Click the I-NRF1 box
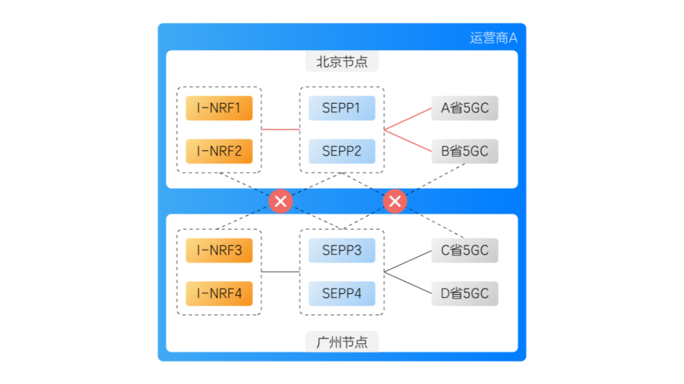pyautogui.click(x=219, y=108)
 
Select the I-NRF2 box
pyautogui.click(x=219, y=151)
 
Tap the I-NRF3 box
pyautogui.click(x=219, y=251)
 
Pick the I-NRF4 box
pyautogui.click(x=219, y=294)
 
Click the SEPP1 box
pyautogui.click(x=341, y=108)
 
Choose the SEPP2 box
pyautogui.click(x=341, y=151)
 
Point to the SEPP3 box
pyautogui.click(x=341, y=251)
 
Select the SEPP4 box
pyautogui.click(x=341, y=294)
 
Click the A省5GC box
pyautogui.click(x=465, y=108)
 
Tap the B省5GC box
pyautogui.click(x=465, y=151)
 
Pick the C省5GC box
pyautogui.click(x=465, y=251)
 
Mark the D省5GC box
pyautogui.click(x=465, y=294)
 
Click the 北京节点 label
pyautogui.click(x=342, y=62)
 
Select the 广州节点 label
pyautogui.click(x=342, y=342)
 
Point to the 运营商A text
pyautogui.click(x=493, y=38)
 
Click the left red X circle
pyautogui.click(x=281, y=201)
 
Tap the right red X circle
pyautogui.click(x=395, y=201)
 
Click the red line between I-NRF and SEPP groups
pyautogui.click(x=280, y=130)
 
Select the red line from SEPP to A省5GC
pyautogui.click(x=408, y=119)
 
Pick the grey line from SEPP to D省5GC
pyautogui.click(x=408, y=283)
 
